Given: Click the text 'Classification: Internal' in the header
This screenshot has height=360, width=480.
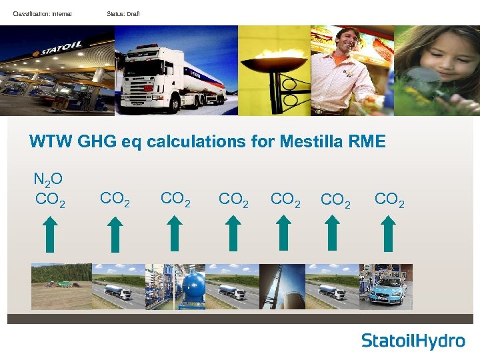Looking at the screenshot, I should click(42, 14).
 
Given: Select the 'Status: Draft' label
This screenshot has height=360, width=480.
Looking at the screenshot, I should click(123, 14).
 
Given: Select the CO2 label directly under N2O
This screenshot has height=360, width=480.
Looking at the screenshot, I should click(50, 199).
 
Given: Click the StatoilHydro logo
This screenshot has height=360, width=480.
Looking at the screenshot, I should click(413, 341).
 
